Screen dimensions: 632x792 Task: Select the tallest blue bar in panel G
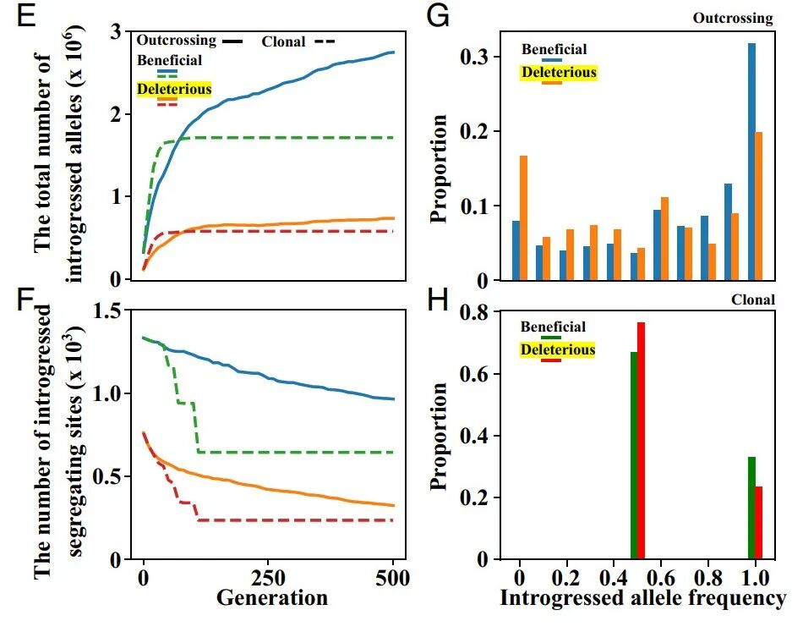click(x=751, y=161)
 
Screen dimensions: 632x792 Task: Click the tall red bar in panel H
click(x=641, y=440)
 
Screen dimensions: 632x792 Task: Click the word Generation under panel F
click(x=271, y=598)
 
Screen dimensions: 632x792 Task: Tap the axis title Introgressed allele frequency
click(x=642, y=599)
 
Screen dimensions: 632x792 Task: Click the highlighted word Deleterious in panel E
click(x=174, y=89)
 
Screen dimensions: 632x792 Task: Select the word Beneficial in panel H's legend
click(x=552, y=327)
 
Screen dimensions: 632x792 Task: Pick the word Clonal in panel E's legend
click(x=283, y=41)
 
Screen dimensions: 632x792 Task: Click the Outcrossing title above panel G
click(x=733, y=18)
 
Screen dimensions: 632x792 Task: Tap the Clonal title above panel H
click(x=754, y=300)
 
